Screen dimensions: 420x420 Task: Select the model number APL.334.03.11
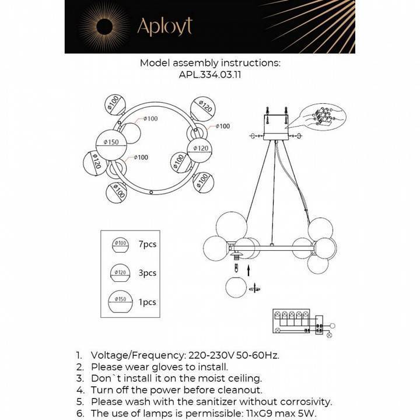click(x=210, y=74)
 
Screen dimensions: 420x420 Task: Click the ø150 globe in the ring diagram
click(x=111, y=142)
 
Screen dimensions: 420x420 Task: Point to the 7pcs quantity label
click(x=148, y=244)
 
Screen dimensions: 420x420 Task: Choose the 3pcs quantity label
click(x=148, y=273)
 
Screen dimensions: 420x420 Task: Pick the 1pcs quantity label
click(x=148, y=302)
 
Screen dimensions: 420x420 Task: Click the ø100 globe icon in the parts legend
click(x=121, y=245)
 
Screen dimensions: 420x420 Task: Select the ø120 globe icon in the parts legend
click(x=121, y=273)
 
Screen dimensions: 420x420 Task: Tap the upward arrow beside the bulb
click(x=249, y=269)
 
